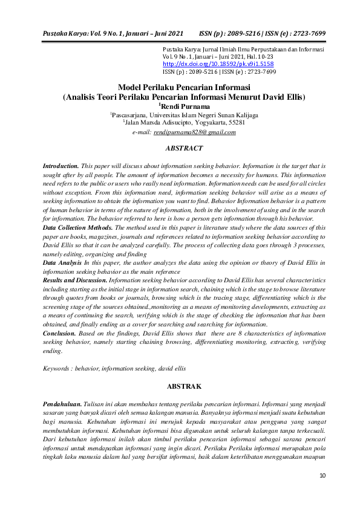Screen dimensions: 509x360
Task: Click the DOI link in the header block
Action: pos(218,63)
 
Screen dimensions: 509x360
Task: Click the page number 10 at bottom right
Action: pos(322,476)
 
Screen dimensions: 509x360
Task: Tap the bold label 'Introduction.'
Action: pos(61,165)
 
